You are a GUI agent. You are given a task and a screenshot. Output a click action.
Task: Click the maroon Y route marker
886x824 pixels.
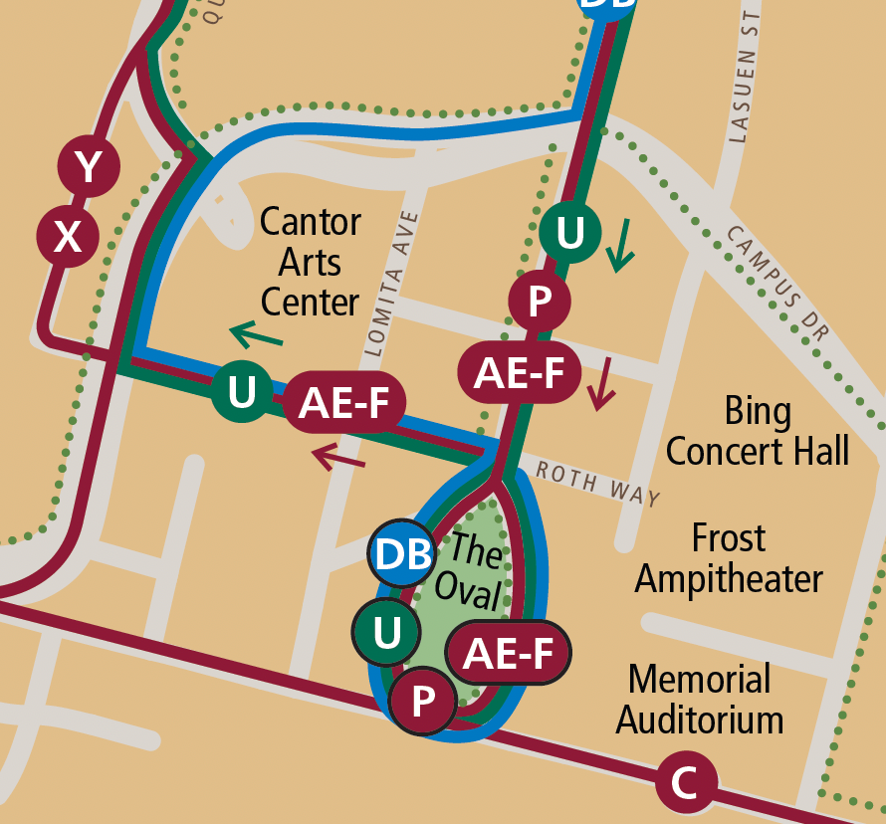pos(89,167)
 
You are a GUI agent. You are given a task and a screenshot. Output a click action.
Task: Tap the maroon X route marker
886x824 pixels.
pos(67,237)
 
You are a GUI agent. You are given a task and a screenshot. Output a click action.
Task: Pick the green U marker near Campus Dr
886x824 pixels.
pos(569,233)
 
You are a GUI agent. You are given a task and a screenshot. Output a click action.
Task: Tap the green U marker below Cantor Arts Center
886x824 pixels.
pos(242,391)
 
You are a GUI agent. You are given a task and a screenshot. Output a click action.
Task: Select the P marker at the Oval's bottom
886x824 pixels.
pos(423,702)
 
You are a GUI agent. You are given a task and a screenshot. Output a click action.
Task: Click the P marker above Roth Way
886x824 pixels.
pos(539,301)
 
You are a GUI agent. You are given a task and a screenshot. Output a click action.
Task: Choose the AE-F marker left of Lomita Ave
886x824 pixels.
pos(344,403)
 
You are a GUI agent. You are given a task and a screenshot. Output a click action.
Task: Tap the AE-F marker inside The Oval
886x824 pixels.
pos(509,653)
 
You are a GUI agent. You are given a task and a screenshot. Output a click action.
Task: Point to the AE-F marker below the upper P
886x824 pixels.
pos(518,372)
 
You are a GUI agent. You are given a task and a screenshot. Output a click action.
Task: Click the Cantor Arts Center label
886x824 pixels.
pos(310,262)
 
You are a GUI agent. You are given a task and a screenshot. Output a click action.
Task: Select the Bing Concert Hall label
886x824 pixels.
pos(758,431)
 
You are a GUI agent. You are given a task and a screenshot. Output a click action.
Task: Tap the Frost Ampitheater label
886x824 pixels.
pos(729,557)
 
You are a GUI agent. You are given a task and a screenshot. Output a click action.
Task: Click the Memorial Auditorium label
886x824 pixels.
pos(700,699)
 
